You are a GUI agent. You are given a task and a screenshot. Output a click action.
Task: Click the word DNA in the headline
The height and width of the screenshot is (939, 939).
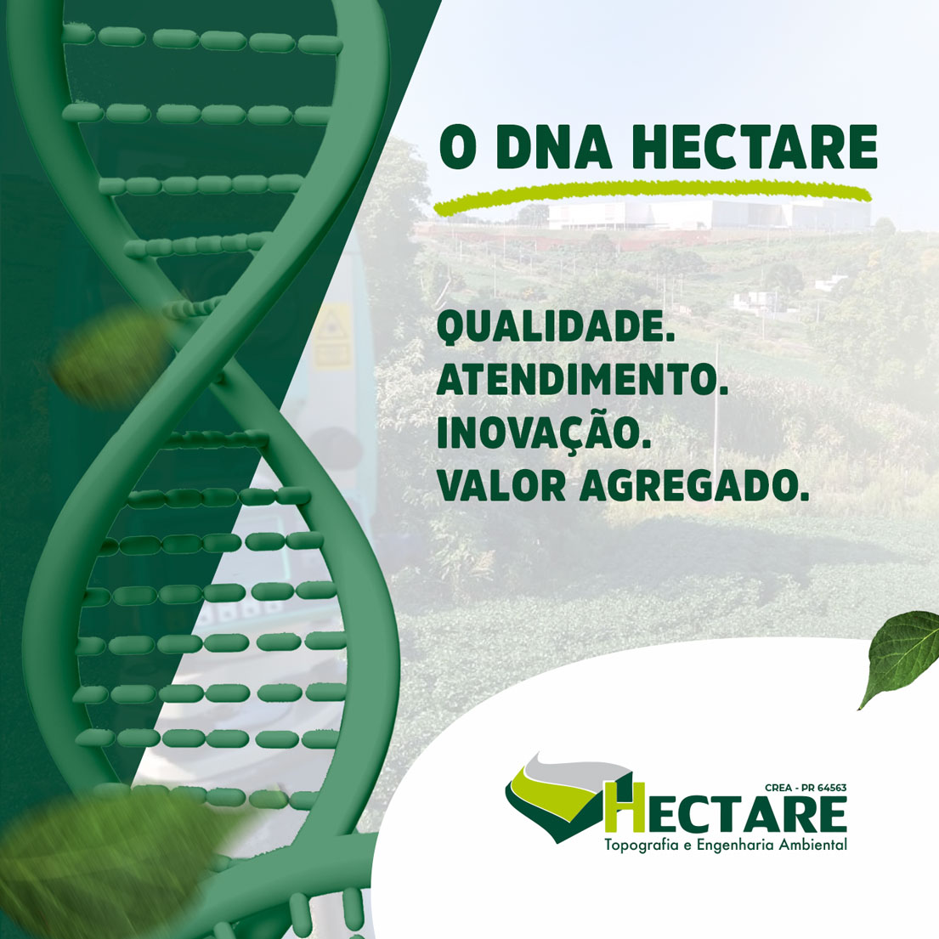coord(554,147)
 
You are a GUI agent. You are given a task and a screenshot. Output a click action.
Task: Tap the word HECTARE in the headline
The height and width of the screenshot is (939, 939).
coord(755,147)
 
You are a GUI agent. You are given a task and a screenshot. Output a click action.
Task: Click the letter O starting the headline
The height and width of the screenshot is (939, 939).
coord(458,147)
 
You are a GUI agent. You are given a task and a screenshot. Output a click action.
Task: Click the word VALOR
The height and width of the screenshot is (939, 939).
coord(501,485)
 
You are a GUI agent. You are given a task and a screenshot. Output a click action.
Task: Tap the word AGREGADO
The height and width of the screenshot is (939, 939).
coord(694,485)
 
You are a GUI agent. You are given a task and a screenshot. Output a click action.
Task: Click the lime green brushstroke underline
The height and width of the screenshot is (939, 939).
coord(652,195)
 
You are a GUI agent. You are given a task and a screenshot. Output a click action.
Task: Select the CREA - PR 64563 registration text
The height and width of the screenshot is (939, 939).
coord(806,788)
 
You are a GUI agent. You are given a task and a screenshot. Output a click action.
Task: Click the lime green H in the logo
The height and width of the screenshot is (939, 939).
coord(625,807)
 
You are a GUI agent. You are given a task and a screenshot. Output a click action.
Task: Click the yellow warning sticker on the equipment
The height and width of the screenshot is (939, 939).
coord(334,335)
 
